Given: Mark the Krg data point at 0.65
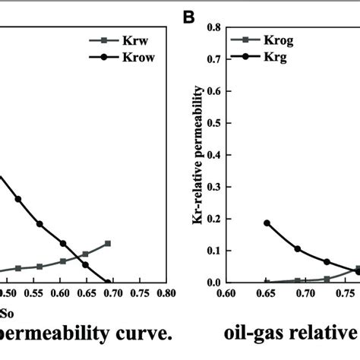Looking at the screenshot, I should (x=267, y=223).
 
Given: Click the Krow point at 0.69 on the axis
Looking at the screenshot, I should (x=108, y=282).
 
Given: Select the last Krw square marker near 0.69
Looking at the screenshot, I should (x=108, y=243).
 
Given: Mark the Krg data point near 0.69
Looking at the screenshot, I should (x=298, y=248).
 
